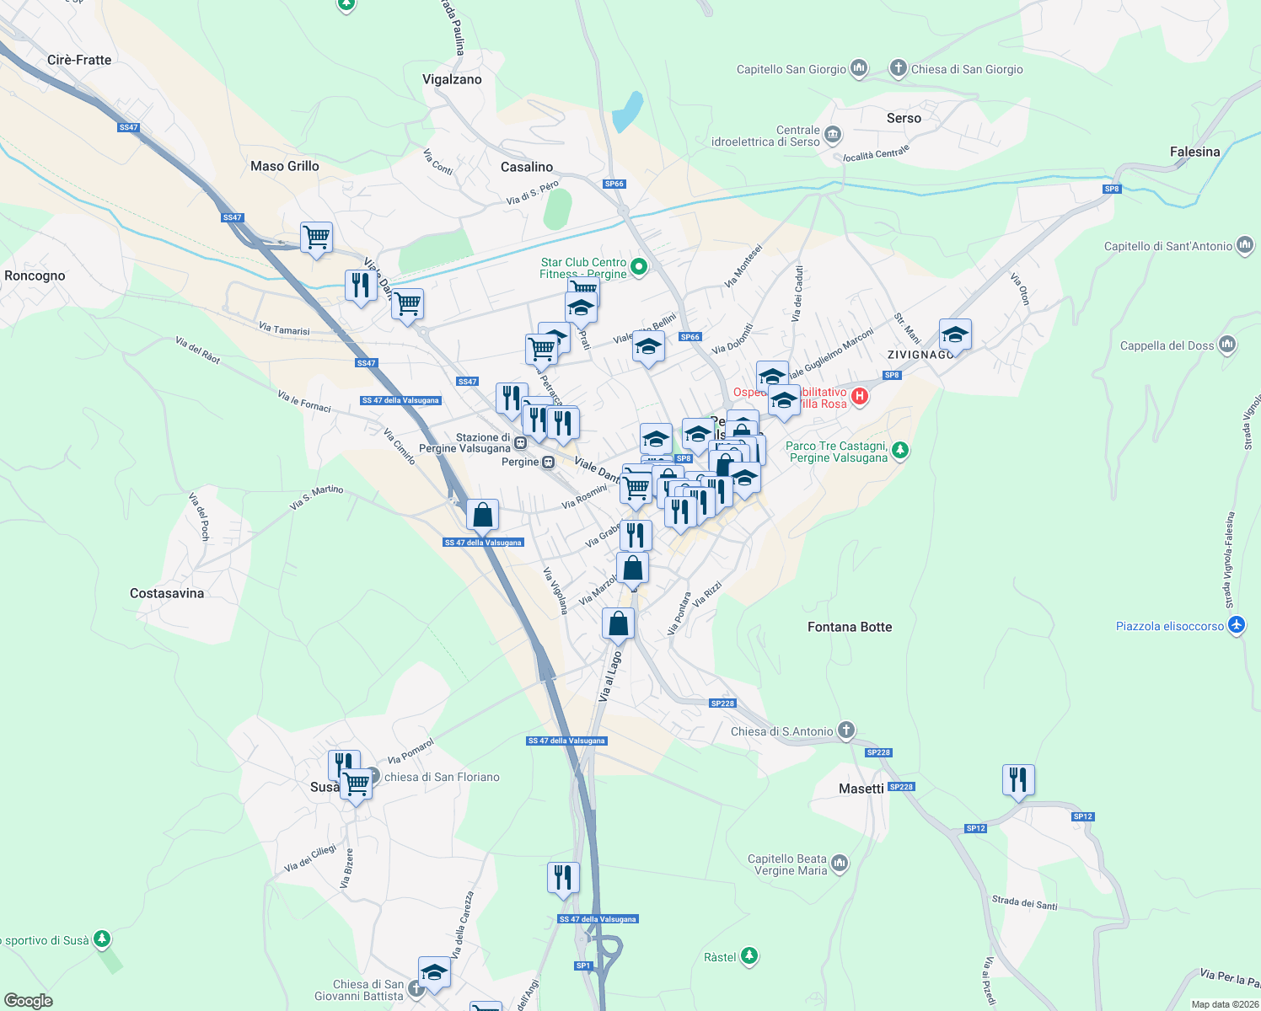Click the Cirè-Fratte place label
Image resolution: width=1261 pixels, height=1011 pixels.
click(x=79, y=60)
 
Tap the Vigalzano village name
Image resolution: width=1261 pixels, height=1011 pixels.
click(x=452, y=79)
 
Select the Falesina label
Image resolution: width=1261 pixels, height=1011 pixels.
click(x=1194, y=152)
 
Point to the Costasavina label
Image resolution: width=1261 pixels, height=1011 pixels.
click(x=167, y=593)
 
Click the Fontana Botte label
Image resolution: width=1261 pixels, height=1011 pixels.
click(x=849, y=627)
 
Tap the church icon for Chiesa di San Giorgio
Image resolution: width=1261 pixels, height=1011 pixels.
click(x=899, y=68)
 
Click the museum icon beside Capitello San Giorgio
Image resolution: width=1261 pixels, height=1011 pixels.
click(x=859, y=68)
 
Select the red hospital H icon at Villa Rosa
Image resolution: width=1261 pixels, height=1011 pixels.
click(x=859, y=396)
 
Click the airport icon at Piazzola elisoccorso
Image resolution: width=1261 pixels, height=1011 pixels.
click(x=1237, y=625)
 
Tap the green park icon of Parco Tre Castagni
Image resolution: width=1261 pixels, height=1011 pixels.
click(x=900, y=450)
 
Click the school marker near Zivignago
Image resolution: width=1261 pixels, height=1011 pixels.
click(x=954, y=335)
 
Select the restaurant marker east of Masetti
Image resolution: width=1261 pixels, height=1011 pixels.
click(x=1018, y=780)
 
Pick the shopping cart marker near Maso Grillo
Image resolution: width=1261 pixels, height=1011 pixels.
click(x=316, y=238)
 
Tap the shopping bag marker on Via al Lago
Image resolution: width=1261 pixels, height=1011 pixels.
click(x=618, y=623)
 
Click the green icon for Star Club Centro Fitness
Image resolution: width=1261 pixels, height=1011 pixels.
click(x=639, y=267)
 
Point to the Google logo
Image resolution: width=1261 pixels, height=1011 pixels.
click(x=29, y=1001)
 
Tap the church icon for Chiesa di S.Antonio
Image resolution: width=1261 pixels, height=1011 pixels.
click(x=846, y=730)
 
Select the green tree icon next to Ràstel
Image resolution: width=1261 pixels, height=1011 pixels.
click(x=749, y=956)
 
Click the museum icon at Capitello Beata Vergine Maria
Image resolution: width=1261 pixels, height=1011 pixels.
click(x=839, y=864)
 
